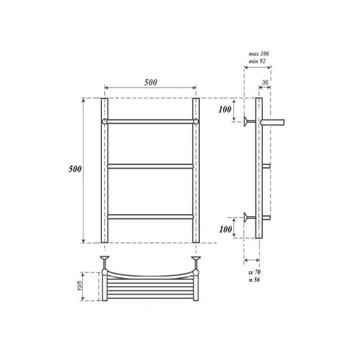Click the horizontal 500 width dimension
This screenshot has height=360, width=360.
pyautogui.click(x=150, y=83)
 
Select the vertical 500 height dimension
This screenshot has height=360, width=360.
pyautogui.click(x=74, y=169)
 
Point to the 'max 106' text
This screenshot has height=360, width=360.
pyautogui.click(x=259, y=54)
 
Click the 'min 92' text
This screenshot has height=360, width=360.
pyautogui.click(x=259, y=62)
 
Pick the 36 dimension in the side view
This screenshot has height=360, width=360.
pyautogui.click(x=265, y=83)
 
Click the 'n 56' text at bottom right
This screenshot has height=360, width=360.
pyautogui.click(x=254, y=280)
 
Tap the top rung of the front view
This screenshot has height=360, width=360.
pyautogui.click(x=150, y=122)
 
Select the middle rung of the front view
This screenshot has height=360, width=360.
pyautogui.click(x=150, y=166)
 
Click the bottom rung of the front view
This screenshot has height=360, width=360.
pyautogui.click(x=150, y=215)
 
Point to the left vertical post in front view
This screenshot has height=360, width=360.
pyautogui.click(x=104, y=180)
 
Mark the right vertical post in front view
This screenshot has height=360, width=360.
pyautogui.click(x=196, y=180)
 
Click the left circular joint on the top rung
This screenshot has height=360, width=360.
pyautogui.click(x=104, y=122)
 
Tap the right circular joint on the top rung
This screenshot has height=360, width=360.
pyautogui.click(x=196, y=122)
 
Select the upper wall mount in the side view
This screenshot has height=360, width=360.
pyautogui.click(x=247, y=122)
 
